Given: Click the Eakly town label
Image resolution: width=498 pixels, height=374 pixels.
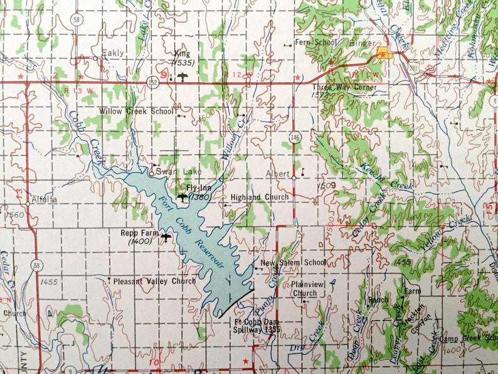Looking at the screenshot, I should click(x=113, y=54).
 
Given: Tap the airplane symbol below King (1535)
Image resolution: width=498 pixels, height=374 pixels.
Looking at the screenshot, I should click(x=183, y=77).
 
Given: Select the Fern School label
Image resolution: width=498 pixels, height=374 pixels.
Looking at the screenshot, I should click(x=317, y=43).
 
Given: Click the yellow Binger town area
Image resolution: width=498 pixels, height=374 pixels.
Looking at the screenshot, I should click(x=384, y=53).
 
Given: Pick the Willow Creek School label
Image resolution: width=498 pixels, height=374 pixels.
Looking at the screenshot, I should click(x=136, y=111).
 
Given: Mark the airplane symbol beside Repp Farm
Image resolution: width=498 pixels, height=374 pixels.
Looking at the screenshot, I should click(x=166, y=237).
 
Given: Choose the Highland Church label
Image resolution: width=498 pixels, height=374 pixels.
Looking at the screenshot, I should click(x=259, y=197).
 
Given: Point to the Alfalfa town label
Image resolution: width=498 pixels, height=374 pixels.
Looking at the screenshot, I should click(x=45, y=200).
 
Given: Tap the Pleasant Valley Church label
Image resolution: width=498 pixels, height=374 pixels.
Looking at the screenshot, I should click(x=154, y=281).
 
